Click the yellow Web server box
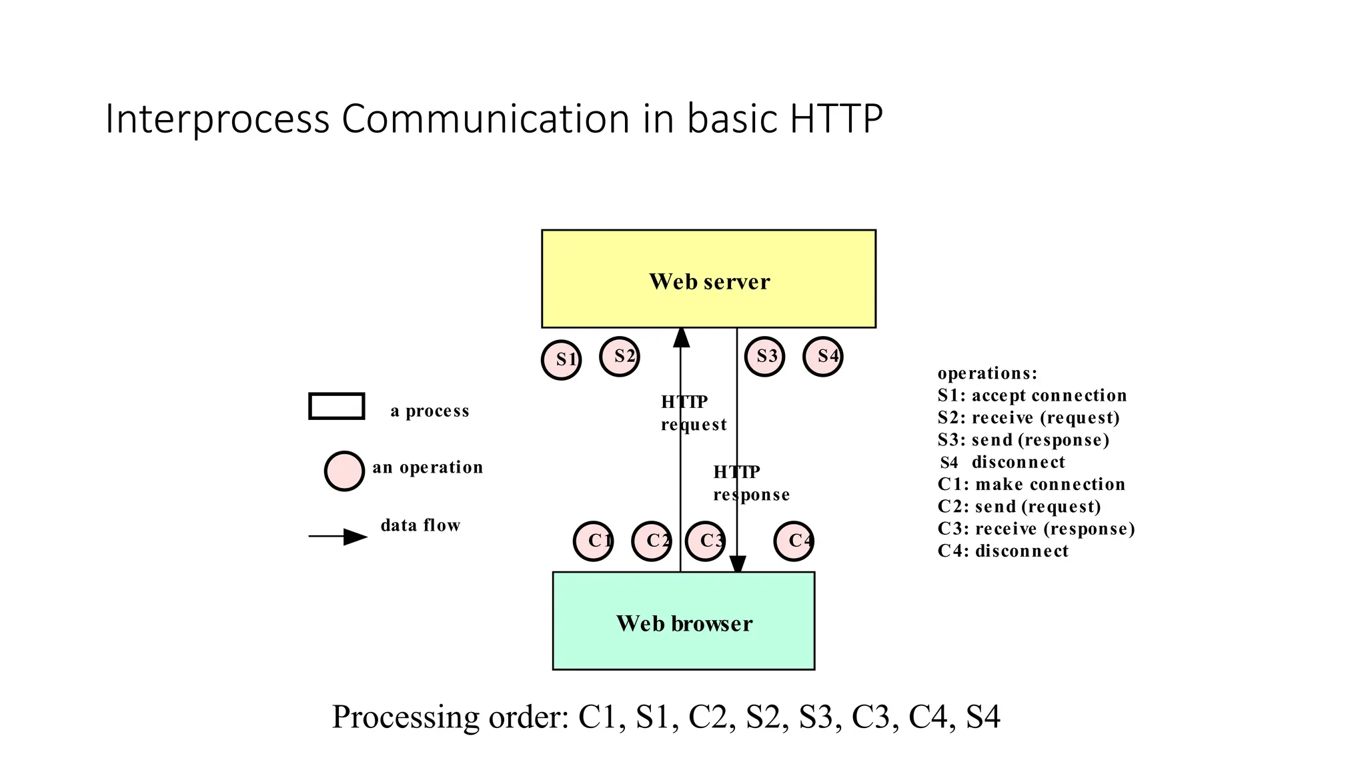point(708,279)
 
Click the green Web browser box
point(684,621)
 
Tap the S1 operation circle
point(562,360)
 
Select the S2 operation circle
point(620,357)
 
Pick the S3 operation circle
point(764,357)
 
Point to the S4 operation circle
point(823,357)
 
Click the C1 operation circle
point(594,541)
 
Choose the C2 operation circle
point(652,541)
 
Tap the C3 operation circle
point(706,541)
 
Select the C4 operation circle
point(794,541)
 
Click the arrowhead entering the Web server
point(681,337)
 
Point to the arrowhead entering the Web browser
point(738,564)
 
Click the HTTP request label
point(693,413)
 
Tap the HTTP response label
point(751,483)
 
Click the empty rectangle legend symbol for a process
point(337,406)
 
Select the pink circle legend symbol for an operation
point(344,471)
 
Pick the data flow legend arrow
point(337,537)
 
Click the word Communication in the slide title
point(486,119)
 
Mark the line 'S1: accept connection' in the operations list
point(1032,395)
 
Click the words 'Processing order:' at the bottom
point(450,717)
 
